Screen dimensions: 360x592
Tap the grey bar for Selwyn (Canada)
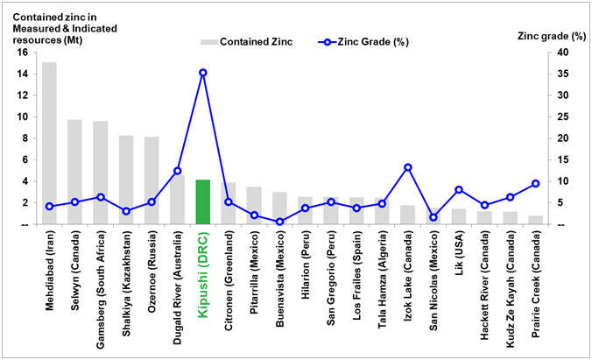click(75, 172)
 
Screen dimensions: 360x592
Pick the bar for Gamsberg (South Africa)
click(101, 173)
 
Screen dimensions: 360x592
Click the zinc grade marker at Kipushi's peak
click(202, 73)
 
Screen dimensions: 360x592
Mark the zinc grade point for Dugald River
click(177, 171)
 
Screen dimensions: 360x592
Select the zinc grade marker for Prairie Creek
click(534, 184)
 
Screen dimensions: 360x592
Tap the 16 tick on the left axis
click(25, 53)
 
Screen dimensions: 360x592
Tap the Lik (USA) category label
click(459, 254)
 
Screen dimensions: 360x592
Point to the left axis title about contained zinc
click(53, 26)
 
